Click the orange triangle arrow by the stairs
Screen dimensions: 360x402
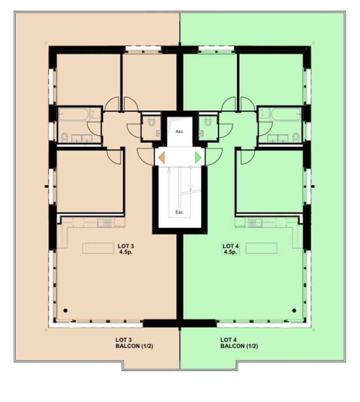[162, 158]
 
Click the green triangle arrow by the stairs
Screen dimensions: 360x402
[198, 158]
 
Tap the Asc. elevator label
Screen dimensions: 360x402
[180, 131]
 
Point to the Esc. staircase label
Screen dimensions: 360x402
[180, 212]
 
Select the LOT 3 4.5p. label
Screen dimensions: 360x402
[126, 249]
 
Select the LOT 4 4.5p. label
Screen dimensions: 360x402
[230, 249]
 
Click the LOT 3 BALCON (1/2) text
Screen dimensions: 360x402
[134, 343]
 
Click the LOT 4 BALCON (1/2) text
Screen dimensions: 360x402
[239, 343]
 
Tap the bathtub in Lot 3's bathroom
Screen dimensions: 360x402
[73, 114]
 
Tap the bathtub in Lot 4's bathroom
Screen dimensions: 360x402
[286, 114]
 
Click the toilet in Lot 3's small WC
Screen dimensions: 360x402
[152, 121]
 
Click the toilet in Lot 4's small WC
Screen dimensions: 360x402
[208, 121]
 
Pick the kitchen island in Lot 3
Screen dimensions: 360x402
[98, 248]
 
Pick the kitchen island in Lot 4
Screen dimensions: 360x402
[261, 248]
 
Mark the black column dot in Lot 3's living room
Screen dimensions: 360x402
[66, 311]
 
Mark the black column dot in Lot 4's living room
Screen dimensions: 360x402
[294, 311]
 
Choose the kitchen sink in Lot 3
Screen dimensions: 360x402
[104, 223]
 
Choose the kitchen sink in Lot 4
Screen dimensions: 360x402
[255, 223]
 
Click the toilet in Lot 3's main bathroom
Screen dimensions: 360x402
[64, 137]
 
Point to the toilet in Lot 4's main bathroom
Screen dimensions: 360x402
[296, 137]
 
